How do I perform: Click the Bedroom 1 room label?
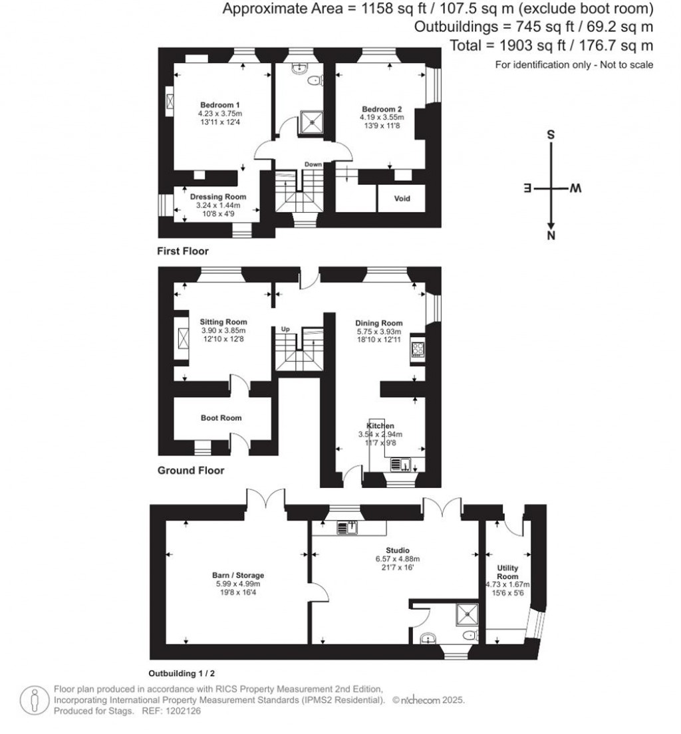pyautogui.click(x=220, y=105)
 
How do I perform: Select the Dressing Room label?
pyautogui.click(x=218, y=197)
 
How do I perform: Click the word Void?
pyautogui.click(x=402, y=199)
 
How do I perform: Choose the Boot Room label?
pyautogui.click(x=221, y=418)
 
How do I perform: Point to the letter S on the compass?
pyautogui.click(x=551, y=134)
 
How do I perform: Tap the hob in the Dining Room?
pyautogui.click(x=418, y=349)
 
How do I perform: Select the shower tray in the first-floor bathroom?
pyautogui.click(x=311, y=121)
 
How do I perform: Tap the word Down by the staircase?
pyautogui.click(x=313, y=164)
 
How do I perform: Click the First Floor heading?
pyautogui.click(x=183, y=251)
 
